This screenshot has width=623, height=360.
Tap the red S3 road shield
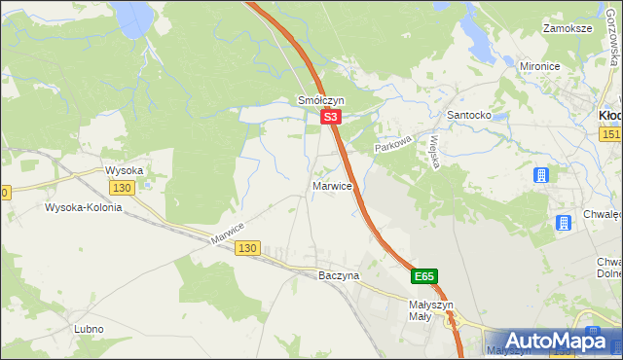[x=331, y=117]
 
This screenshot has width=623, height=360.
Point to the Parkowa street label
[x=395, y=142]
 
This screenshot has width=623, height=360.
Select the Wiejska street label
[x=429, y=151]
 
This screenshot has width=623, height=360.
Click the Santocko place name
[x=467, y=115]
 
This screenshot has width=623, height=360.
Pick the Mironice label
[x=543, y=66]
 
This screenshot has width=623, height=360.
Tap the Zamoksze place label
[x=568, y=29]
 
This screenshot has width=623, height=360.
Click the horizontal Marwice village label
[x=332, y=185]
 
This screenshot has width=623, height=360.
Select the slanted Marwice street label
[x=227, y=233]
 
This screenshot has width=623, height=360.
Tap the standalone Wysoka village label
[x=125, y=170]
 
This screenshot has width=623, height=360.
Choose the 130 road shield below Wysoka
[x=122, y=187]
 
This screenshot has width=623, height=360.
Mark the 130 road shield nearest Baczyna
[x=247, y=249]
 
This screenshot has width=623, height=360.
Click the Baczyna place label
[x=339, y=275]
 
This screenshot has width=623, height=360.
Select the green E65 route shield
[x=423, y=276]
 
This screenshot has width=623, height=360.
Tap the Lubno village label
[x=88, y=329]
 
